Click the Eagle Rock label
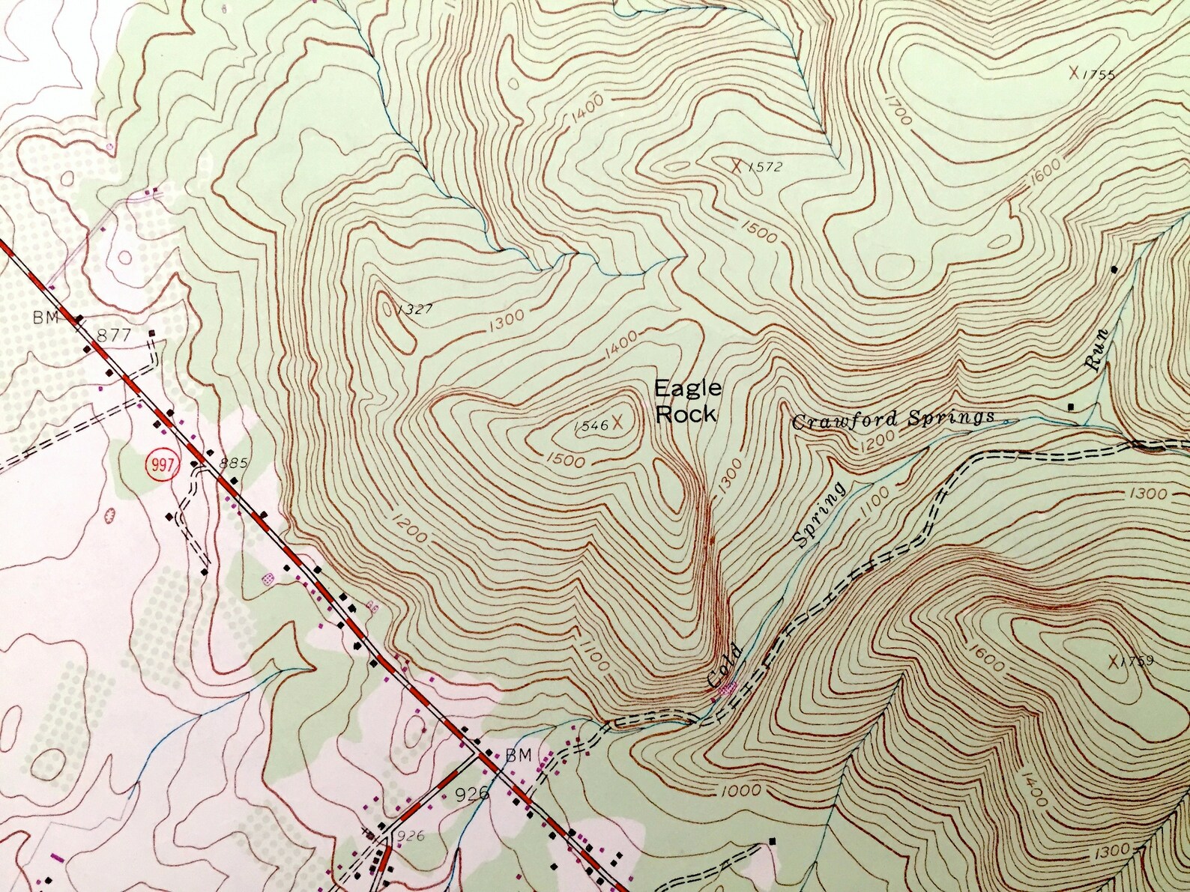[x=687, y=401]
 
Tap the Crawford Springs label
[x=893, y=419]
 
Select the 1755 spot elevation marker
[x=1074, y=73]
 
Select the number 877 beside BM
[x=114, y=336]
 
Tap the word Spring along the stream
[x=820, y=515]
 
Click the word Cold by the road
[x=724, y=665]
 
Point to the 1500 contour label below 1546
[x=566, y=458]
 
